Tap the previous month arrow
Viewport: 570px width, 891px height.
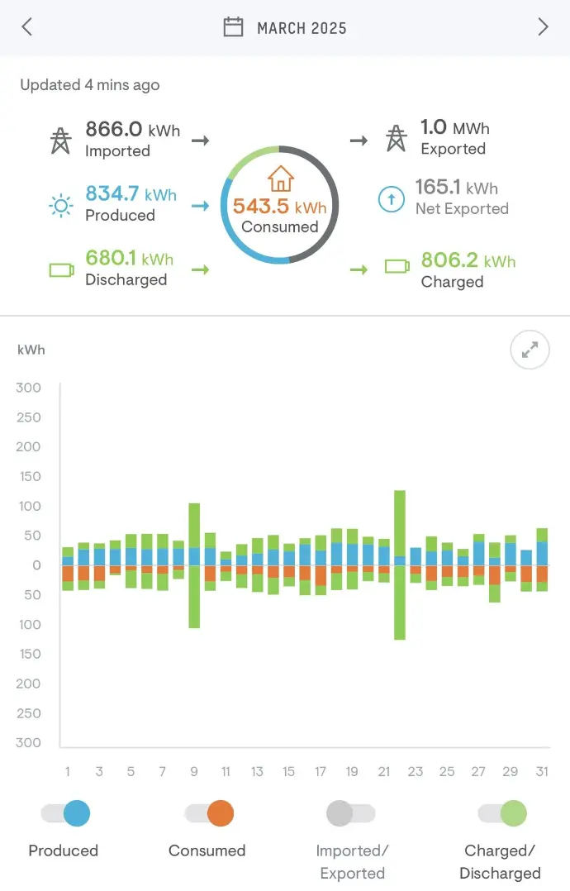click(x=26, y=27)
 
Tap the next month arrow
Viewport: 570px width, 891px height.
click(x=543, y=27)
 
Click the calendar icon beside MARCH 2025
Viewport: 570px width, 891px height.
click(x=234, y=27)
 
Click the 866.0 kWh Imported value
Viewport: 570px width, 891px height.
click(x=132, y=130)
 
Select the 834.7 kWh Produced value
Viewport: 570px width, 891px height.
click(x=131, y=194)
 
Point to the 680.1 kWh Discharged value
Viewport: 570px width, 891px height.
click(x=129, y=259)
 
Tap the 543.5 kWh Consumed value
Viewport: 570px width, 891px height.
click(x=279, y=207)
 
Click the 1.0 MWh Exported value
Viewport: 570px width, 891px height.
click(x=454, y=128)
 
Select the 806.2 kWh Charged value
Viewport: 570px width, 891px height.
click(x=468, y=261)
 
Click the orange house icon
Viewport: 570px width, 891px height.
click(x=280, y=178)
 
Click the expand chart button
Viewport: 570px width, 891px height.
click(x=530, y=351)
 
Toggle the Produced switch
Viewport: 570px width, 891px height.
click(x=66, y=814)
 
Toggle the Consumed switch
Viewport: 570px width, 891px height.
click(x=210, y=814)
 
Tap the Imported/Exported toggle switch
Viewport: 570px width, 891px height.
click(x=351, y=814)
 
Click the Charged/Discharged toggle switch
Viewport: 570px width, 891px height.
click(x=501, y=814)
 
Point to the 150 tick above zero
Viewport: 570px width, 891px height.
click(x=29, y=477)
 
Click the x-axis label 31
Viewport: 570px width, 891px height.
click(x=541, y=772)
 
